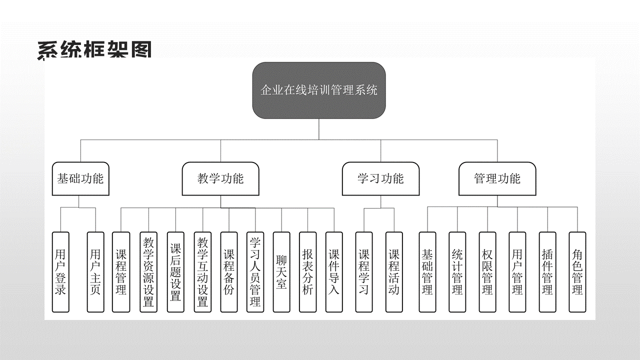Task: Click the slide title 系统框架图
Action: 94,50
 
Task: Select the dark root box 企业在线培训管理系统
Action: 319,90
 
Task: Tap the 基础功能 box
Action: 80,178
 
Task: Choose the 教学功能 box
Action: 220,178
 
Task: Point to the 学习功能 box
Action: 380,178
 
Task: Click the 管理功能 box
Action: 497,178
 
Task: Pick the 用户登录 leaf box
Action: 60,272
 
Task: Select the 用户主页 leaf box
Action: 95,272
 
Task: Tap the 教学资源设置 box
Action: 148,272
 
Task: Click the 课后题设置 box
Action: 175,272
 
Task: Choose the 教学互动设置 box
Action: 202,272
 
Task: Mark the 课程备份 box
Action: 229,272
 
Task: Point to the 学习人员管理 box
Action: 255,272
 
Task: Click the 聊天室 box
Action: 281,272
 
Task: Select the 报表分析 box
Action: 307,272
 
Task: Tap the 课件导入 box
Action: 334,272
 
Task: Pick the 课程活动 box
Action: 394,272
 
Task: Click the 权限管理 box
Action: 487,272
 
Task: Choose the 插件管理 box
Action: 547,272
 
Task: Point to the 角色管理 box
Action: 577,272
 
